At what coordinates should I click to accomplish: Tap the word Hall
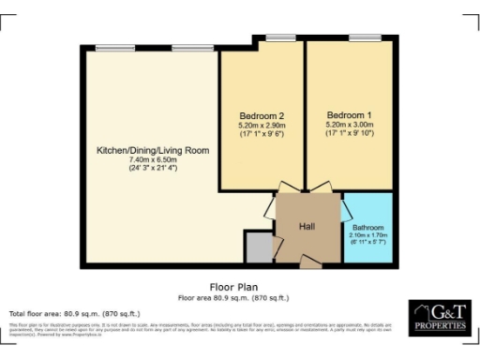pos(306,227)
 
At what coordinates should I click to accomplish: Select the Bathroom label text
pos(367,227)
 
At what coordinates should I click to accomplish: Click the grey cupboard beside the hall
pos(257,247)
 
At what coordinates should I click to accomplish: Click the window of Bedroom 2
pos(278,37)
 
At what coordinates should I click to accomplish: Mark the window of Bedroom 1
pos(364,37)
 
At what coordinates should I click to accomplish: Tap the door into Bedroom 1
pos(324,188)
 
